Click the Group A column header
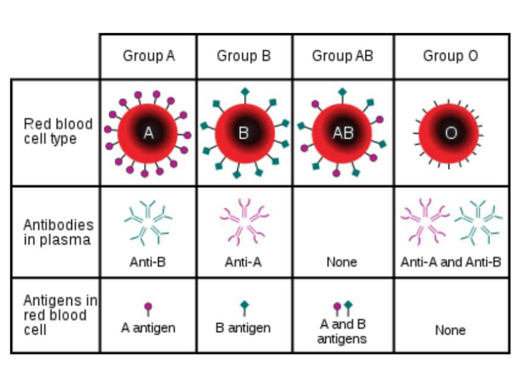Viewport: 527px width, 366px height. pyautogui.click(x=148, y=56)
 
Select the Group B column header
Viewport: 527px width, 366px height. pyautogui.click(x=243, y=56)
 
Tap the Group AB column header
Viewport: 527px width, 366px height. pyautogui.click(x=342, y=56)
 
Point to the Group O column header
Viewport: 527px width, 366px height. pyautogui.click(x=450, y=56)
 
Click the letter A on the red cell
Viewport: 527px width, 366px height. pyautogui.click(x=148, y=133)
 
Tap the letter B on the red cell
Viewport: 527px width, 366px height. pyautogui.click(x=243, y=133)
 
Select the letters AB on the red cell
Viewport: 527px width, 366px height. pyautogui.click(x=342, y=133)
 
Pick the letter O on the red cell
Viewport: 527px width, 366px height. pyautogui.click(x=451, y=133)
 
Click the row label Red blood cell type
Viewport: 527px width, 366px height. pyautogui.click(x=58, y=132)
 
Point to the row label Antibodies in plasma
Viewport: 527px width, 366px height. pyautogui.click(x=58, y=231)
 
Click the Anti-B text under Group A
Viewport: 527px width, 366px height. pyautogui.click(x=148, y=262)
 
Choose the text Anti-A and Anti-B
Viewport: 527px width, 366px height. pyautogui.click(x=450, y=262)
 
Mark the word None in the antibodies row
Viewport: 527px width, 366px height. pyautogui.click(x=342, y=262)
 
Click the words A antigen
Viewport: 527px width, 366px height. pyautogui.click(x=148, y=328)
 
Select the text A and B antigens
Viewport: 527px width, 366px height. pyautogui.click(x=342, y=331)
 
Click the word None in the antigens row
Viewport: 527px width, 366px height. pyautogui.click(x=450, y=330)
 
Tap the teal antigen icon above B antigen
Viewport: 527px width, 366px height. pyautogui.click(x=244, y=307)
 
